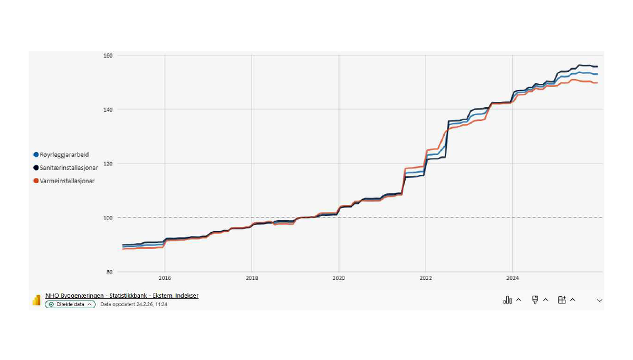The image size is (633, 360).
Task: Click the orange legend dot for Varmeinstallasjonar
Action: click(36, 181)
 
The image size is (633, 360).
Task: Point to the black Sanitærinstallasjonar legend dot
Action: click(36, 168)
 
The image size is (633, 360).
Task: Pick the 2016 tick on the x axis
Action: click(165, 279)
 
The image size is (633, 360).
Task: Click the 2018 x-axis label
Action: click(252, 279)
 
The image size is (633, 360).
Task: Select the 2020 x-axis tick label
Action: click(339, 279)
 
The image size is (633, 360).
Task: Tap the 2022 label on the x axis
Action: click(426, 279)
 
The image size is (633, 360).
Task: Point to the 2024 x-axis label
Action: click(512, 279)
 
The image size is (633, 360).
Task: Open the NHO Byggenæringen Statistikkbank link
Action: click(122, 296)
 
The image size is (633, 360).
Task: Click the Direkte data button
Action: click(71, 304)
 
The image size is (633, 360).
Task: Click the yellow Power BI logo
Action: click(36, 300)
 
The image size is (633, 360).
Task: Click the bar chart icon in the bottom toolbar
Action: click(507, 300)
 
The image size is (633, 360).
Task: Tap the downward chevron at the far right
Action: click(599, 300)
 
